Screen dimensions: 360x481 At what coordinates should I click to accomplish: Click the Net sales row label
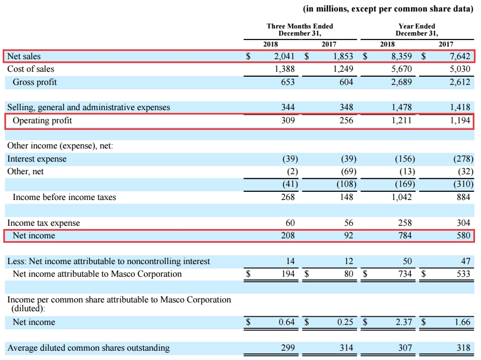24,56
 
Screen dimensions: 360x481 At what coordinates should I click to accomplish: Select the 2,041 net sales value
284,56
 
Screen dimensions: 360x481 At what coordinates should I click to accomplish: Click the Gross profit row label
35,82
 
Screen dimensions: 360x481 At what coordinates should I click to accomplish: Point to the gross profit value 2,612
459,82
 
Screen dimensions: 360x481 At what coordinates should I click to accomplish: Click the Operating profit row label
42,121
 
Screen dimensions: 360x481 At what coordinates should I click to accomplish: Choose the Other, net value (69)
345,172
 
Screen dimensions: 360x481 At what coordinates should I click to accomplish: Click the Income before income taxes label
64,197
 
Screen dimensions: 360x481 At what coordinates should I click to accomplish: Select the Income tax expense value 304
463,223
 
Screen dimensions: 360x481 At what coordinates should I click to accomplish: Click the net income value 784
405,236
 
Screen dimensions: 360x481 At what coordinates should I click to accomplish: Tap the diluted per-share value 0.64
287,322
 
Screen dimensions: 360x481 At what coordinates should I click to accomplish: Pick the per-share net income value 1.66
462,322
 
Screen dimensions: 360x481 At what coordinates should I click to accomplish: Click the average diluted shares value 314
346,348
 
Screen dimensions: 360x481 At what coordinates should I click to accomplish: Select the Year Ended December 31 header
417,30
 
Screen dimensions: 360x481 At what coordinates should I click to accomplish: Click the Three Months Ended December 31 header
300,30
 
